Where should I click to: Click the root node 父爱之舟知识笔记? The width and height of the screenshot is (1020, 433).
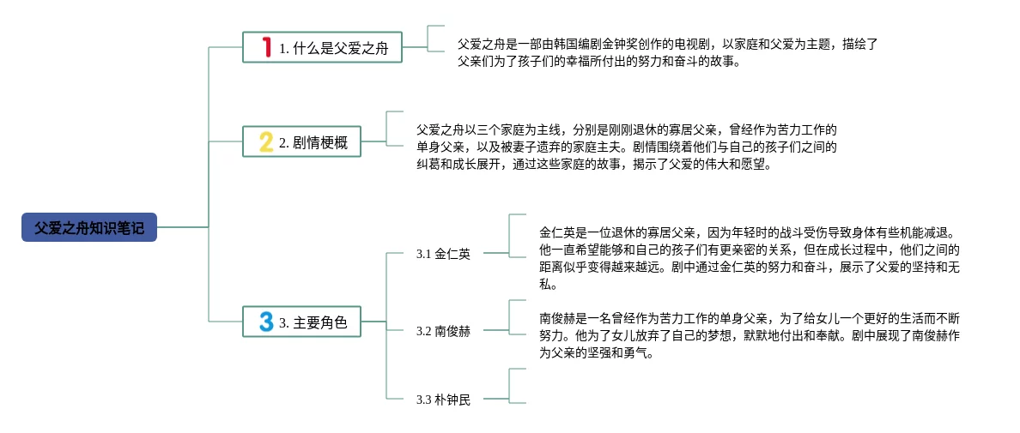(89, 227)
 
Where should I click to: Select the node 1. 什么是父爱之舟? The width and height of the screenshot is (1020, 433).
(322, 48)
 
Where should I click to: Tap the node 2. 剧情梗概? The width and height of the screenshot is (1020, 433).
(301, 142)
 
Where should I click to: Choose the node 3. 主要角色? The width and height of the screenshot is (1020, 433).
(301, 322)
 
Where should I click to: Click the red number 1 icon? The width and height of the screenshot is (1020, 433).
(266, 47)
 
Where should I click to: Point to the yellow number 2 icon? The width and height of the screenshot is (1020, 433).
(266, 142)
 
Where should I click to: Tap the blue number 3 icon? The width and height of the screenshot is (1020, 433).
(266, 322)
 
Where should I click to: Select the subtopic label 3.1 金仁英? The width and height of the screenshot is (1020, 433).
(443, 254)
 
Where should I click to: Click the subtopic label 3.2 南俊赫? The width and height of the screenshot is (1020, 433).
(443, 331)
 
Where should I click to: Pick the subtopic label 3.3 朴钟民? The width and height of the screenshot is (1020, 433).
(443, 400)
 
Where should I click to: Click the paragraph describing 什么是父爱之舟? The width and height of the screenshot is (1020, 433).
(666, 52)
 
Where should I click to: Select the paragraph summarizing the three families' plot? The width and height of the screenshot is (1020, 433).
(627, 147)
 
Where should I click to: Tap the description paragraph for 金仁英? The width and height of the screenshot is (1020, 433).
(749, 258)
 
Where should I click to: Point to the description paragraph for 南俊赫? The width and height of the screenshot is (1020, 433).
(749, 334)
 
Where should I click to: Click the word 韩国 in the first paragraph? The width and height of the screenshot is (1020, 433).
(571, 43)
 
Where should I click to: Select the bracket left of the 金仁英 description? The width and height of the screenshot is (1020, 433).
(513, 235)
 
